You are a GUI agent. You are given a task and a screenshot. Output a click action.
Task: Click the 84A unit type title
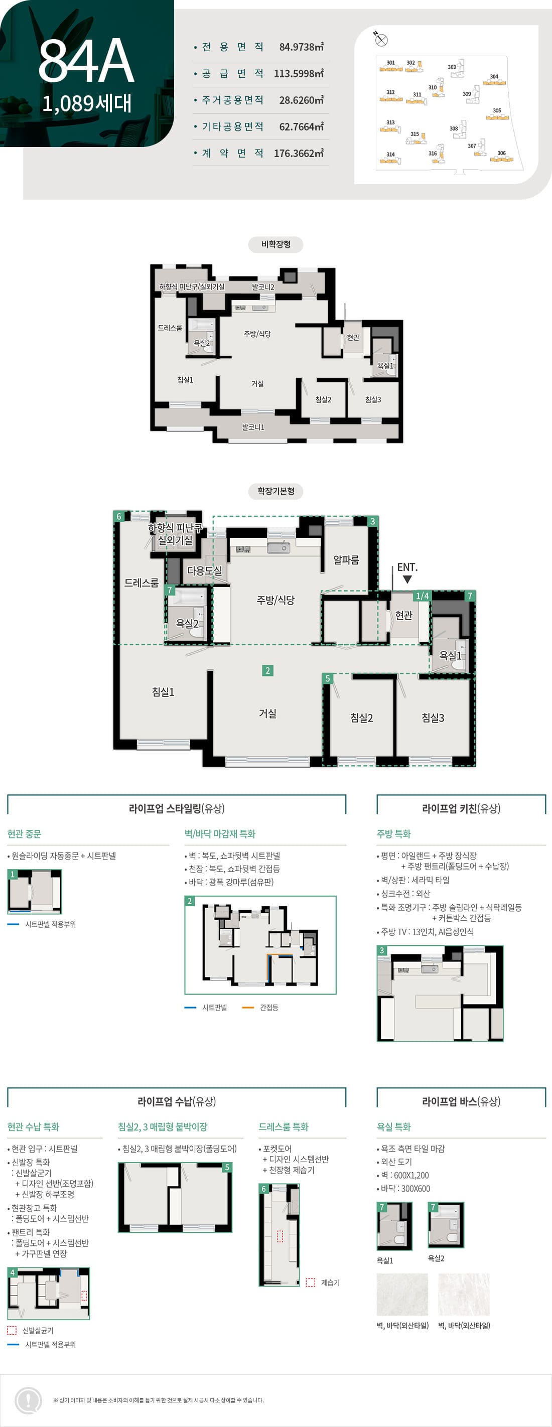click(x=86, y=61)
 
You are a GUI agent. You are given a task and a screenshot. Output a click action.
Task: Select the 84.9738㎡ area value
click(x=301, y=47)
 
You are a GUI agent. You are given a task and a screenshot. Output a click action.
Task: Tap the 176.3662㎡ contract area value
click(x=298, y=153)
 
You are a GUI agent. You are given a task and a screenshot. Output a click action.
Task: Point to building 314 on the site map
click(x=391, y=160)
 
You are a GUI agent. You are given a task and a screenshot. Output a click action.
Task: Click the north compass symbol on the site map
click(x=381, y=39)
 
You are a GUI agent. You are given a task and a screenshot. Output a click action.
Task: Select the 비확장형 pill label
click(x=275, y=244)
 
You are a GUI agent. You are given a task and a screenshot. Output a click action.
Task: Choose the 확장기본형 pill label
click(x=275, y=491)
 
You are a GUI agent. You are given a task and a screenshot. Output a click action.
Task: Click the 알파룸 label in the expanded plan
click(x=346, y=560)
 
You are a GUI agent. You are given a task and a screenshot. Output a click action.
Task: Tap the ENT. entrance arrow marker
click(x=407, y=579)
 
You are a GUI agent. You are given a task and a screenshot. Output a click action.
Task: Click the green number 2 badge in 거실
click(x=267, y=671)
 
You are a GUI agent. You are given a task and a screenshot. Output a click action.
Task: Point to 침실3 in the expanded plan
click(x=433, y=718)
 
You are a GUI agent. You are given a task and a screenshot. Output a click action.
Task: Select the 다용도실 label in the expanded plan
click(x=205, y=570)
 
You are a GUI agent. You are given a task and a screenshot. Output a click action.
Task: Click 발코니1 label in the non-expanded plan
click(x=253, y=427)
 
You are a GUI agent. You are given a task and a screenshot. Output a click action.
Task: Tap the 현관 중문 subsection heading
click(x=25, y=834)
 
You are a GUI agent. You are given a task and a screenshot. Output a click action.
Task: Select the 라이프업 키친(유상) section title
click(x=461, y=808)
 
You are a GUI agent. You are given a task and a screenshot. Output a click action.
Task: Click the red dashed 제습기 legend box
click(x=310, y=1282)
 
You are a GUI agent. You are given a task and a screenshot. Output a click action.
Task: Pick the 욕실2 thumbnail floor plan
click(x=446, y=1225)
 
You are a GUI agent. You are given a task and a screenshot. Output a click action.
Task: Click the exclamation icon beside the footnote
click(x=28, y=1400)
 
